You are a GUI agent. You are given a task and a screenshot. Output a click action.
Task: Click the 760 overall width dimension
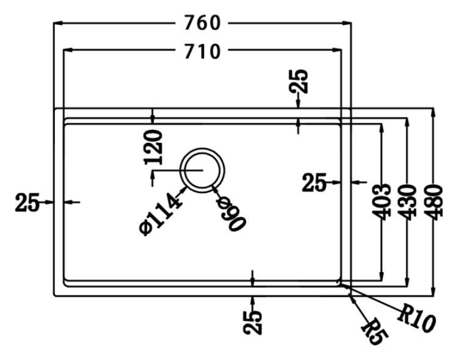[x=201, y=24]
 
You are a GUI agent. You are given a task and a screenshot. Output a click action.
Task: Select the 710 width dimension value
[x=201, y=52]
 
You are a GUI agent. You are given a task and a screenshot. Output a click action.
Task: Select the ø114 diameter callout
[x=161, y=213]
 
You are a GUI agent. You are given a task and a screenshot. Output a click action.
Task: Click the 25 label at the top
[x=299, y=81]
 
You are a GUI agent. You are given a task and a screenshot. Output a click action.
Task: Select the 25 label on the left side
[x=27, y=201]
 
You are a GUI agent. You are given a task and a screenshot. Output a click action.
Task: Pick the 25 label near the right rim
[x=315, y=182]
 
